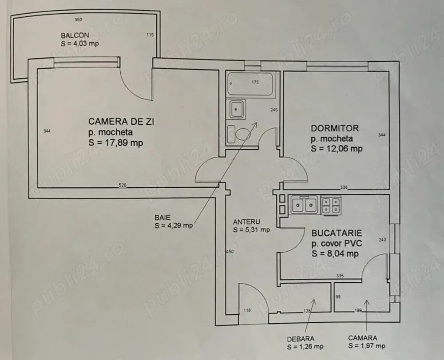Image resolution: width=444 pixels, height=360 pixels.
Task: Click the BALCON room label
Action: (75, 36)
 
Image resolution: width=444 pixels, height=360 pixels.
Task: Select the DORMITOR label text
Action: (334, 128)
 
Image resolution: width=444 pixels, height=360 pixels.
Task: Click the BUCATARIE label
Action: (337, 233)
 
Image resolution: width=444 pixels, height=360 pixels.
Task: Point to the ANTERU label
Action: (246, 222)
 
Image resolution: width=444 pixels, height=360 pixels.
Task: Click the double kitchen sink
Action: (304, 205)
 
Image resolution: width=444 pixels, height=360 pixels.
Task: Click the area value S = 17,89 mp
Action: (116, 142)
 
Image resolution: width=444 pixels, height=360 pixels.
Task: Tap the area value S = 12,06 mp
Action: (337, 149)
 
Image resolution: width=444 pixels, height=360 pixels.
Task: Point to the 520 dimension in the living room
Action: (123, 185)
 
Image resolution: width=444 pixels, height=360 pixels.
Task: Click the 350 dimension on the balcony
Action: (78, 20)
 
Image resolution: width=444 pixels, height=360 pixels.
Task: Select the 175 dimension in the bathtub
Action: (255, 82)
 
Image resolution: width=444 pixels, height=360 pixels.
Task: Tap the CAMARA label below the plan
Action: (362, 338)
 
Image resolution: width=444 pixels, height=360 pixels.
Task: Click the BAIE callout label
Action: (162, 218)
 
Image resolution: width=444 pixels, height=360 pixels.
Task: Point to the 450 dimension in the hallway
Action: (230, 252)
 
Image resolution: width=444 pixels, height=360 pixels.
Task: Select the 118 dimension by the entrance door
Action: (247, 310)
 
